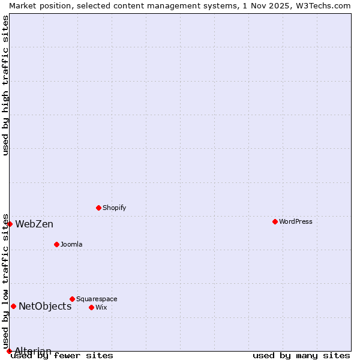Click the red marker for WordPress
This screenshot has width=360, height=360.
275,221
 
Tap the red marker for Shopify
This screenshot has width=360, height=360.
98,208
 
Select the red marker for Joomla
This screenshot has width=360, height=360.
56,244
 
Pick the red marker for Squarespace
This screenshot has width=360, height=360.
72,299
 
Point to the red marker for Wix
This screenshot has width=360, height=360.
91,307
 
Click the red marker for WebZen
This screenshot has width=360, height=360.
10,224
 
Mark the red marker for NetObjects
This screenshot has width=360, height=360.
13,306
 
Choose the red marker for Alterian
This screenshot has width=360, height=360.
9,351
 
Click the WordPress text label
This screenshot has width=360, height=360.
296,221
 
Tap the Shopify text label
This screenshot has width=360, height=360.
114,208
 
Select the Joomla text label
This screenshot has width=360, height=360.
71,244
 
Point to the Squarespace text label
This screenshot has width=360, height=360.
97,299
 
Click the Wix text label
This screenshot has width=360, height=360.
101,307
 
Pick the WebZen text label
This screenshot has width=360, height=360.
34,224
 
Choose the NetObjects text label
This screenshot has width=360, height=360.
45,307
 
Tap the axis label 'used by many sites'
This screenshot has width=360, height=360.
301,355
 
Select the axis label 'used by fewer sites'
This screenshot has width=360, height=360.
62,355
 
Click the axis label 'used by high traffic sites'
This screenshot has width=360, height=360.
6,86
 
